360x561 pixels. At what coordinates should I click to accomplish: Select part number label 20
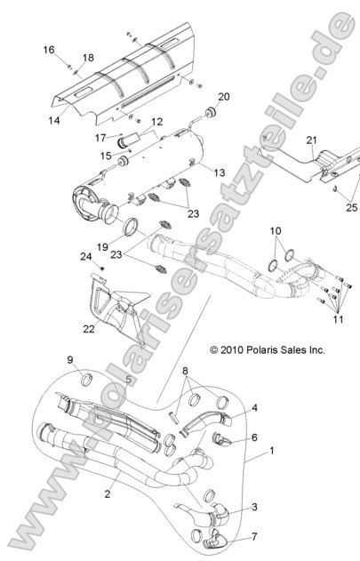pyautogui.click(x=224, y=96)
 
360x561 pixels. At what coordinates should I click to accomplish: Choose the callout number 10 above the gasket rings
pyautogui.click(x=275, y=231)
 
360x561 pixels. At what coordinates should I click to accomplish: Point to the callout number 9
pyautogui.click(x=93, y=359)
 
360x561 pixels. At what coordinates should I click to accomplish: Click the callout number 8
pyautogui.click(x=184, y=373)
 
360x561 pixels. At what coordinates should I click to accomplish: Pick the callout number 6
pyautogui.click(x=254, y=437)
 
